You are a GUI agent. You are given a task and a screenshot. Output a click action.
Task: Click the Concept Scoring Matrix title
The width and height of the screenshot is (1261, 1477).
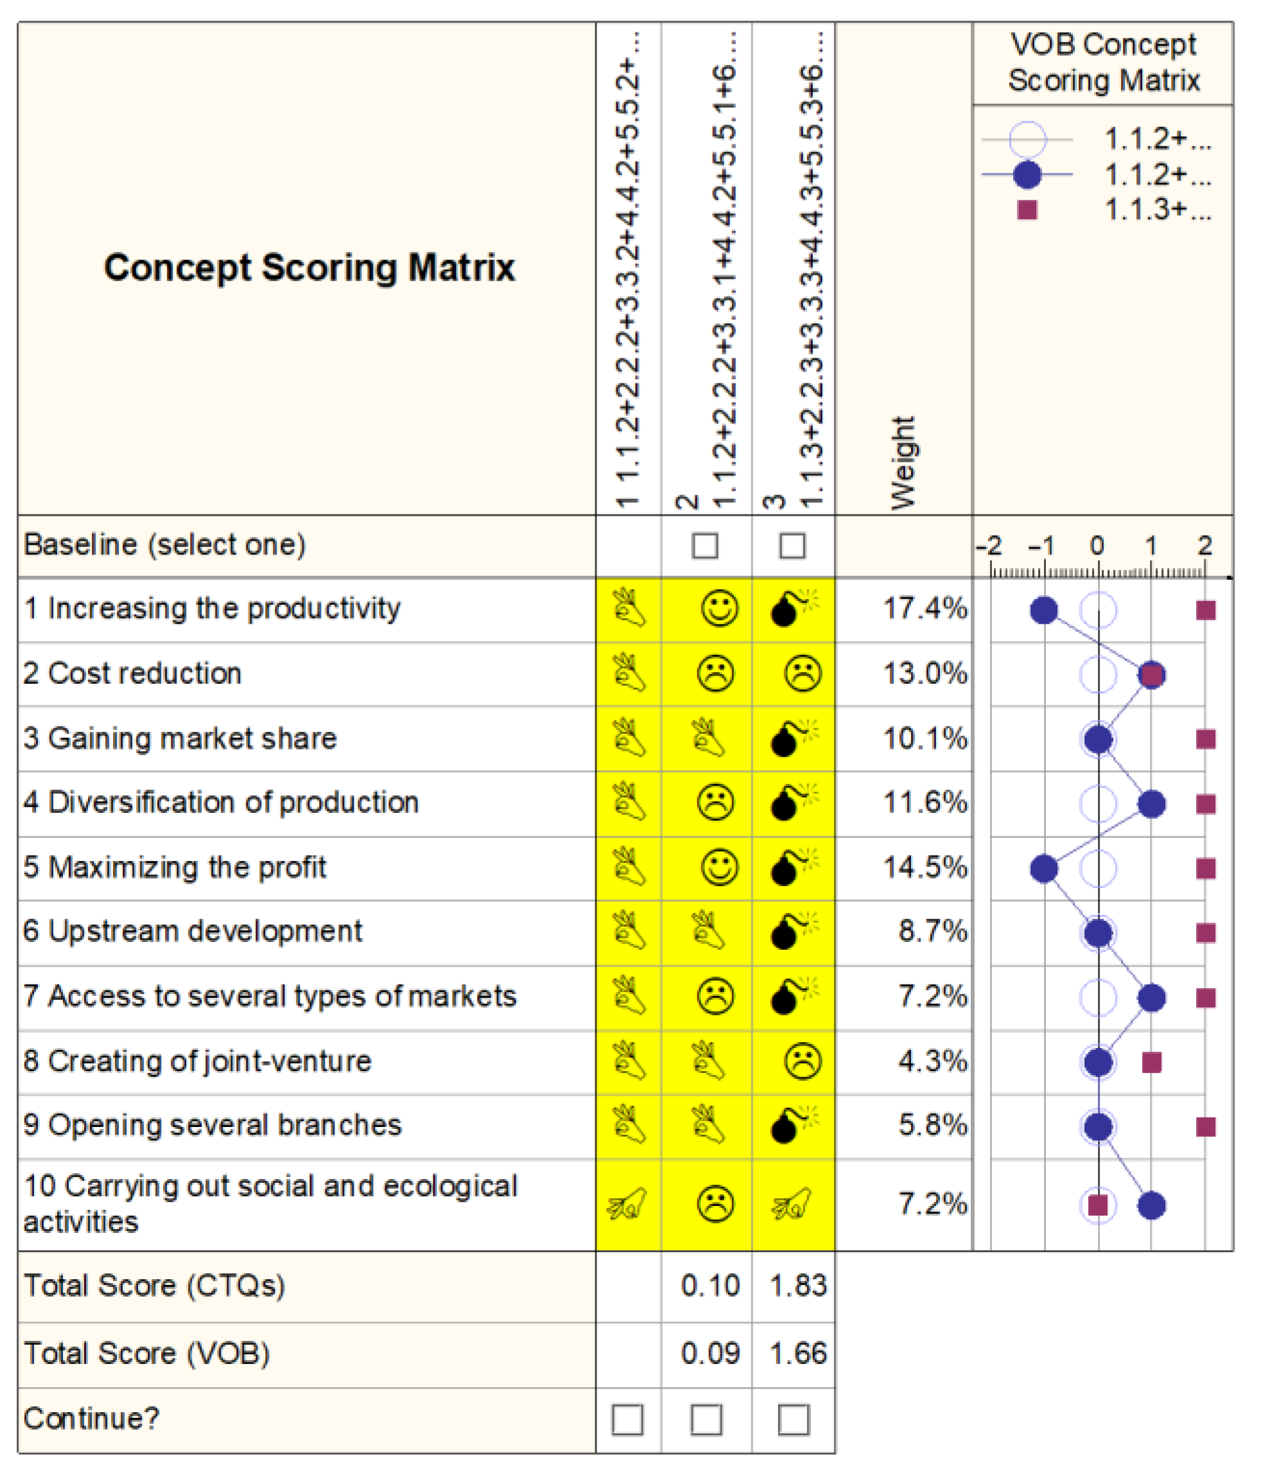(x=309, y=268)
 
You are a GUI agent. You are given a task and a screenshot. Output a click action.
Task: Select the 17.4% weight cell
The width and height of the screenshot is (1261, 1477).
(x=925, y=609)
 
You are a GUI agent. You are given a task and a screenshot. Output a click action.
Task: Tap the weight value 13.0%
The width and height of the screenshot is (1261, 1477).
(x=925, y=673)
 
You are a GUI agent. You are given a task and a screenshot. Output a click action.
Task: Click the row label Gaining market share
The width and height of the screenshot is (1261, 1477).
(x=180, y=738)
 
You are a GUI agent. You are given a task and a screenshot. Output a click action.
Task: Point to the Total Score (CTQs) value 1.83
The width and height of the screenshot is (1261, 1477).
(x=797, y=1285)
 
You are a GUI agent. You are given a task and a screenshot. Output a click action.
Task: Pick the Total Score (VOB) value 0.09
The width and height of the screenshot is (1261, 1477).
(x=710, y=1353)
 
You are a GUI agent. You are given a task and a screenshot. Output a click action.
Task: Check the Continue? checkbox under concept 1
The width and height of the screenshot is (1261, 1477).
(x=627, y=1419)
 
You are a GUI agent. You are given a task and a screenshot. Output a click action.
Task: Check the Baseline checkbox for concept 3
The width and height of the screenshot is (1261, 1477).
(x=793, y=546)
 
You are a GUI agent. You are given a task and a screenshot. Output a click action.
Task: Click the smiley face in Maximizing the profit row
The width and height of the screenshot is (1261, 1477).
(x=719, y=868)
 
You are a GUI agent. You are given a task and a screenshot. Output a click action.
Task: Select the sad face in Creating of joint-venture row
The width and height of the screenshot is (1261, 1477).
(x=803, y=1062)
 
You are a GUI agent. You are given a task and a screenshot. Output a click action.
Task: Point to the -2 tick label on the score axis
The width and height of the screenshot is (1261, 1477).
(x=989, y=546)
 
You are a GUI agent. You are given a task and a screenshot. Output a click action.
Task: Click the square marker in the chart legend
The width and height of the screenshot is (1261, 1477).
(x=1027, y=210)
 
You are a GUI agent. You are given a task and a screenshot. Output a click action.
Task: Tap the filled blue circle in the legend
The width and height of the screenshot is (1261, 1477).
(x=1027, y=175)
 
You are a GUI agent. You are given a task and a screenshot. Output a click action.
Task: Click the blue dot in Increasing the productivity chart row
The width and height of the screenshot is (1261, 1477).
(x=1044, y=610)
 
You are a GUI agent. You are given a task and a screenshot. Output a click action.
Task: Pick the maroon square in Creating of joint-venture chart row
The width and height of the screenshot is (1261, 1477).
(x=1152, y=1062)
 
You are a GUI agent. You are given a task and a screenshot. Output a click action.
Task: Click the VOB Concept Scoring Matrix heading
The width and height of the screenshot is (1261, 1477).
(x=1104, y=63)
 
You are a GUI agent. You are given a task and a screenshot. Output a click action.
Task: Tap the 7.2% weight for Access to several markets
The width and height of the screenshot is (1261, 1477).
(x=932, y=997)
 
